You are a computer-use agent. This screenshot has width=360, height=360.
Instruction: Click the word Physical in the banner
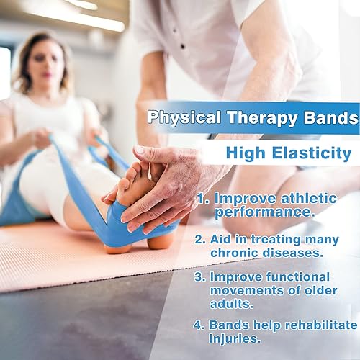pos(178,118)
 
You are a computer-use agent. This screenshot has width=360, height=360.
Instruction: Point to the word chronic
pos(235,253)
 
